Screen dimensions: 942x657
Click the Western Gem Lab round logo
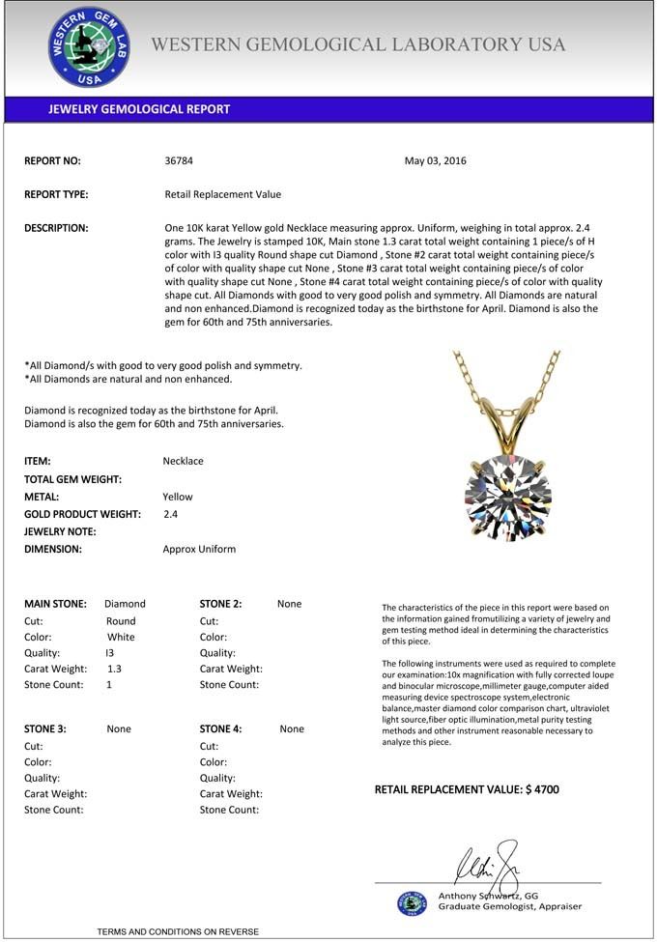pos(89,47)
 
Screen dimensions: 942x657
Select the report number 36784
pos(180,160)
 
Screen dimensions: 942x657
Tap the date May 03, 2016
pos(435,160)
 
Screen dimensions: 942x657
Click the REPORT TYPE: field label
pos(56,194)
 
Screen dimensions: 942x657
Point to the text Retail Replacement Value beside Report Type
pos(223,194)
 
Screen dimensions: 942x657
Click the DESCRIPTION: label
pos(56,228)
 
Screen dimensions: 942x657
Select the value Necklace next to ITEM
pos(184,461)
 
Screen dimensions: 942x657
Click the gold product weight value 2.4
pos(171,514)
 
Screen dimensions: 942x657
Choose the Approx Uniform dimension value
pos(199,549)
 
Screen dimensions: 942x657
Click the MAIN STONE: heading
pos(55,604)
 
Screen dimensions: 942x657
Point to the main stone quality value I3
pos(109,652)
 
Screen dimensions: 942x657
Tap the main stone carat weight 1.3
pos(114,669)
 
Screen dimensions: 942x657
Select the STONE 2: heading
pos(220,604)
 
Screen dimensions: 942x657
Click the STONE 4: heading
pos(220,728)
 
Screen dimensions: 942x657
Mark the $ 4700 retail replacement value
pos(542,789)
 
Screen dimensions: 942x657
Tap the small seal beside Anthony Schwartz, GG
pos(412,903)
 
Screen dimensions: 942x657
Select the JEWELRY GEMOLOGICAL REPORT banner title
pos(139,109)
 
